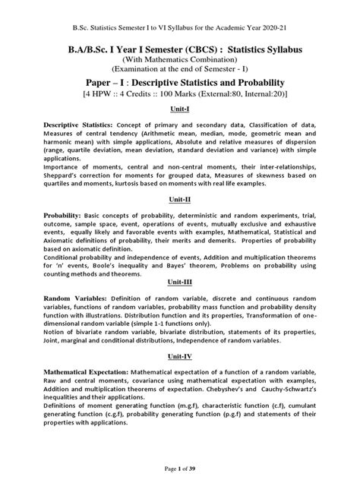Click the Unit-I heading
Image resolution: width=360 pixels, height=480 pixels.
click(179, 109)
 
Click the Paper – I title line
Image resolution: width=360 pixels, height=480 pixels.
click(179, 80)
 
